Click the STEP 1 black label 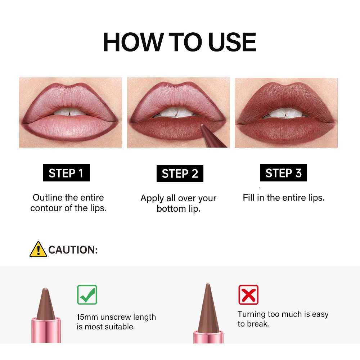66,173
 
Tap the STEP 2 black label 180,174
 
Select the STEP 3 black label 283,173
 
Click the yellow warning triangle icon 38,249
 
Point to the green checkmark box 87,295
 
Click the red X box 248,295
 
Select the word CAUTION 73,250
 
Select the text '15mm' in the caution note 87,317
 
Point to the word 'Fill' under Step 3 248,197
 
